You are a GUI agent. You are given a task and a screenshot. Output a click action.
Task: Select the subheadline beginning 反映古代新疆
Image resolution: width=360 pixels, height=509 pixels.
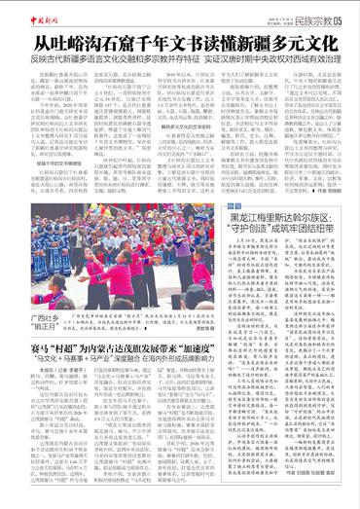(x=181, y=60)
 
